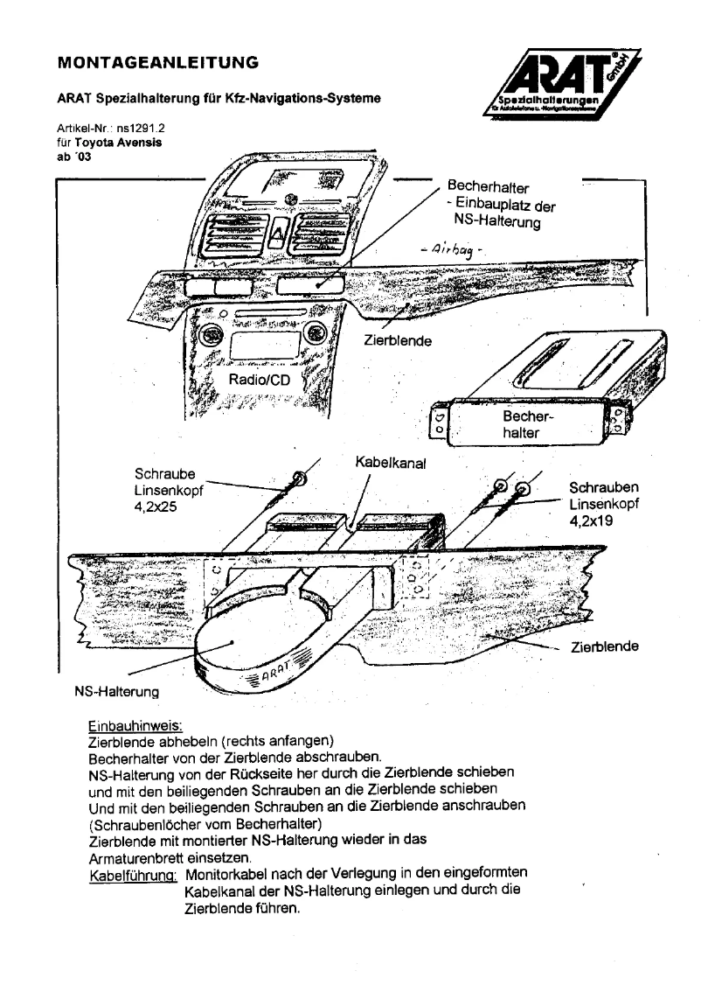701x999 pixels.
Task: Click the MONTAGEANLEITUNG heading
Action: point(157,63)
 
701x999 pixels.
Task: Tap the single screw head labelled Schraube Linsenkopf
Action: point(300,479)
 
